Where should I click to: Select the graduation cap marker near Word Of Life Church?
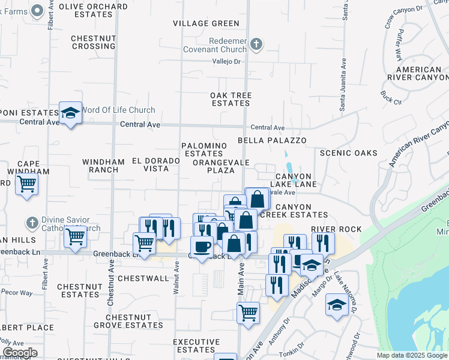click(x=70, y=113)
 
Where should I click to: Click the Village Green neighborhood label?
click(x=206, y=23)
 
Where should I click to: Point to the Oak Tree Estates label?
click(x=231, y=99)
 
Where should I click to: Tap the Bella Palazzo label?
click(x=272, y=140)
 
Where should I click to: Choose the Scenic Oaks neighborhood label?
click(x=349, y=153)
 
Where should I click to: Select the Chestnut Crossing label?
click(x=93, y=42)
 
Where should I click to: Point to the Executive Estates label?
click(x=196, y=346)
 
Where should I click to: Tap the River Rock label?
click(x=336, y=229)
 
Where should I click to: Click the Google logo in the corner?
click(x=19, y=353)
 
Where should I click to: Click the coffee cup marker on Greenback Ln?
click(x=202, y=246)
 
